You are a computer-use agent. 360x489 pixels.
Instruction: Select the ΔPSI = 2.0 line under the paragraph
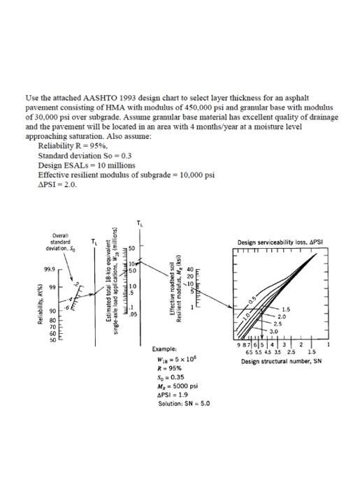(57, 184)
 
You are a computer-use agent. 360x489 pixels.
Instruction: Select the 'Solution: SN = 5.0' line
(183, 404)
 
